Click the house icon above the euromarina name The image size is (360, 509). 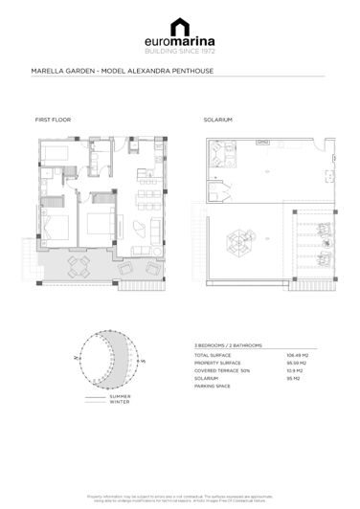coord(180,26)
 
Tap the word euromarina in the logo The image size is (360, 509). coord(180,42)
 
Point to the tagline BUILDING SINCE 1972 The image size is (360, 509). coord(180,53)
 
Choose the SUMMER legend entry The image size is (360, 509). coord(120,395)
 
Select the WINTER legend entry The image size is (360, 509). coord(120,401)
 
